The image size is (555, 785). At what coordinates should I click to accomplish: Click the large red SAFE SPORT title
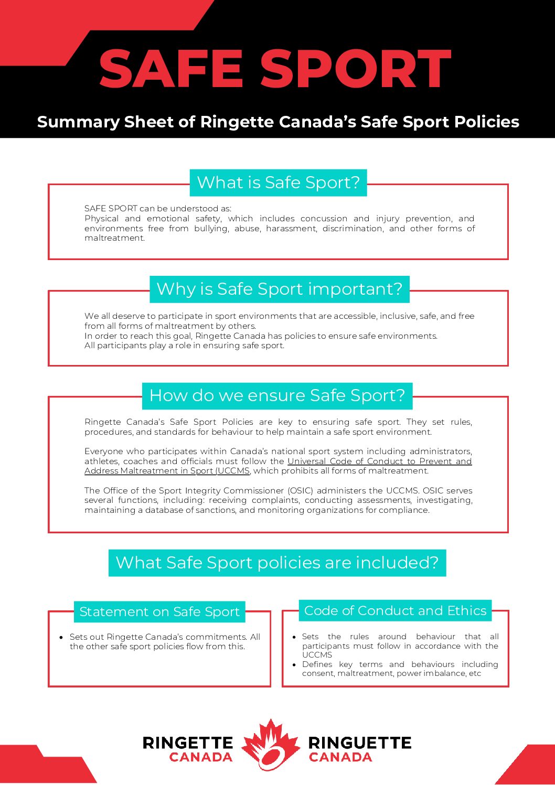[x=275, y=69]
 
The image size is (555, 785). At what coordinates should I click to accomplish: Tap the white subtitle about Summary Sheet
[x=278, y=122]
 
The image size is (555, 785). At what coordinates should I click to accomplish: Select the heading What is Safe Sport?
[x=278, y=182]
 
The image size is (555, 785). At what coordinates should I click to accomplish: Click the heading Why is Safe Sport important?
[x=279, y=289]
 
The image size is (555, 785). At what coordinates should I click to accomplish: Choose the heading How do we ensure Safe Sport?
[x=277, y=395]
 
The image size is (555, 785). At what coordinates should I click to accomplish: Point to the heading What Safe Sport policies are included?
[x=277, y=563]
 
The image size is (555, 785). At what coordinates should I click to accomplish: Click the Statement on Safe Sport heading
[x=159, y=611]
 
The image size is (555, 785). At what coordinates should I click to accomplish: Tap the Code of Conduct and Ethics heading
[x=395, y=610]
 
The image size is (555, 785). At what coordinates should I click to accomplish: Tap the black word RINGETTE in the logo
[x=188, y=743]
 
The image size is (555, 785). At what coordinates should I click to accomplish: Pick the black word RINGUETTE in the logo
[x=360, y=743]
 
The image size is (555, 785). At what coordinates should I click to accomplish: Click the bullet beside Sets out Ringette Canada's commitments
[x=61, y=637]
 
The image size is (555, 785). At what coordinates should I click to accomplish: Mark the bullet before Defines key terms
[x=294, y=665]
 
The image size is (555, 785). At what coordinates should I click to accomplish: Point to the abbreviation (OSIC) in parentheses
[x=300, y=491]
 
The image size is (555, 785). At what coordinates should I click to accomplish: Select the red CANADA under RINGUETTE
[x=340, y=757]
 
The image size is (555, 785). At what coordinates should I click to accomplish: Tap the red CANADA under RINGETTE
[x=201, y=757]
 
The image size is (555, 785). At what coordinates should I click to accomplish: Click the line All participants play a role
[x=184, y=346]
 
